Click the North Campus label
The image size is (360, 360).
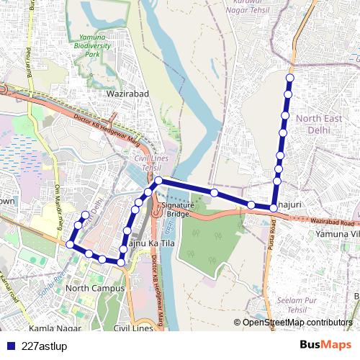(94, 288)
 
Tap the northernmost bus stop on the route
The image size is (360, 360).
(290, 78)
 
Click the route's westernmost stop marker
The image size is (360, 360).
(70, 245)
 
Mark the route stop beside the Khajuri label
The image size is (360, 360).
(274, 208)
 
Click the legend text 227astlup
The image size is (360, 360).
(45, 346)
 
